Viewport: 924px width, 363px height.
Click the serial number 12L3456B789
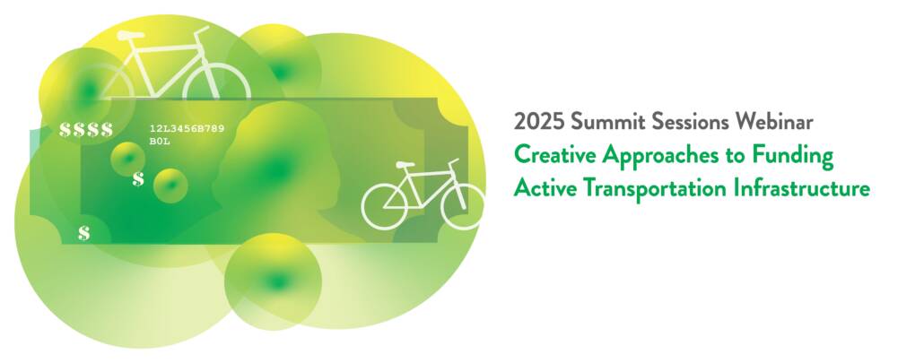point(187,128)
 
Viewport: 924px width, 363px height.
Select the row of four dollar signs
point(86,129)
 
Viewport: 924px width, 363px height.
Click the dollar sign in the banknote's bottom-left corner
point(84,233)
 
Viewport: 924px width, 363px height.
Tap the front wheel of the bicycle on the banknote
point(463,206)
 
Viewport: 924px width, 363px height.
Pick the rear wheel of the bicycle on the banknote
point(384,206)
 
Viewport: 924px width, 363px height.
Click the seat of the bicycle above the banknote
point(131,35)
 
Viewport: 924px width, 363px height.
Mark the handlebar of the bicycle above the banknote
point(202,30)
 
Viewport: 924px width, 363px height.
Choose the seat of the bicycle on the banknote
point(405,165)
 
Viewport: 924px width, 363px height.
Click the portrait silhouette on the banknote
point(277,170)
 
